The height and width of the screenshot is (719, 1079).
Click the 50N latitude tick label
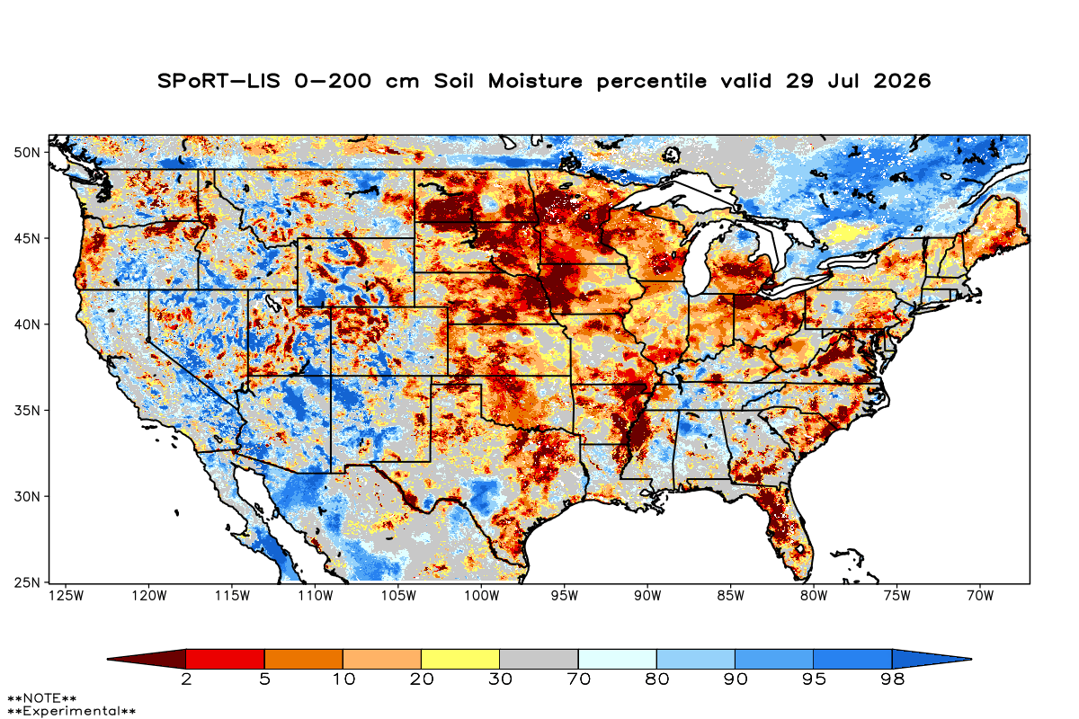pyautogui.click(x=27, y=153)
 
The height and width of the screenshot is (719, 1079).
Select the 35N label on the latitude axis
pyautogui.click(x=27, y=411)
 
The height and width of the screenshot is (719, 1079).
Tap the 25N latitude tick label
pyautogui.click(x=27, y=583)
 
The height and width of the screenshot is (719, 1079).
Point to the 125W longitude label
pyautogui.click(x=67, y=596)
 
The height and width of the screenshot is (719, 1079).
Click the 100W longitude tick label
pyautogui.click(x=482, y=596)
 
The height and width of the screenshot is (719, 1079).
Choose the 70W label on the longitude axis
pyautogui.click(x=980, y=596)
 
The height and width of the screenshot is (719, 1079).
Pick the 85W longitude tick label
pyautogui.click(x=731, y=596)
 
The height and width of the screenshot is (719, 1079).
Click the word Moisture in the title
pyautogui.click(x=535, y=81)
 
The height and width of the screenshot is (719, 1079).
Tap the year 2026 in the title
pyautogui.click(x=902, y=81)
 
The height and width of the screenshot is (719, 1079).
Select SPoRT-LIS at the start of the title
pyautogui.click(x=218, y=81)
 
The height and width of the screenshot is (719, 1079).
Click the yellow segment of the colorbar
pyautogui.click(x=460, y=659)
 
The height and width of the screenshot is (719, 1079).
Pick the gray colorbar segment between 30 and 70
pyautogui.click(x=539, y=659)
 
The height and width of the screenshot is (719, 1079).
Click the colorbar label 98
pyautogui.click(x=892, y=679)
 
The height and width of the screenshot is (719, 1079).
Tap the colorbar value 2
pyautogui.click(x=186, y=679)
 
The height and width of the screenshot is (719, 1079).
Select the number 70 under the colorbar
pyautogui.click(x=578, y=679)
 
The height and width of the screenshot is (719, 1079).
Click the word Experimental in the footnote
pyautogui.click(x=71, y=711)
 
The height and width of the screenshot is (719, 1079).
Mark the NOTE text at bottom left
pyautogui.click(x=42, y=697)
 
